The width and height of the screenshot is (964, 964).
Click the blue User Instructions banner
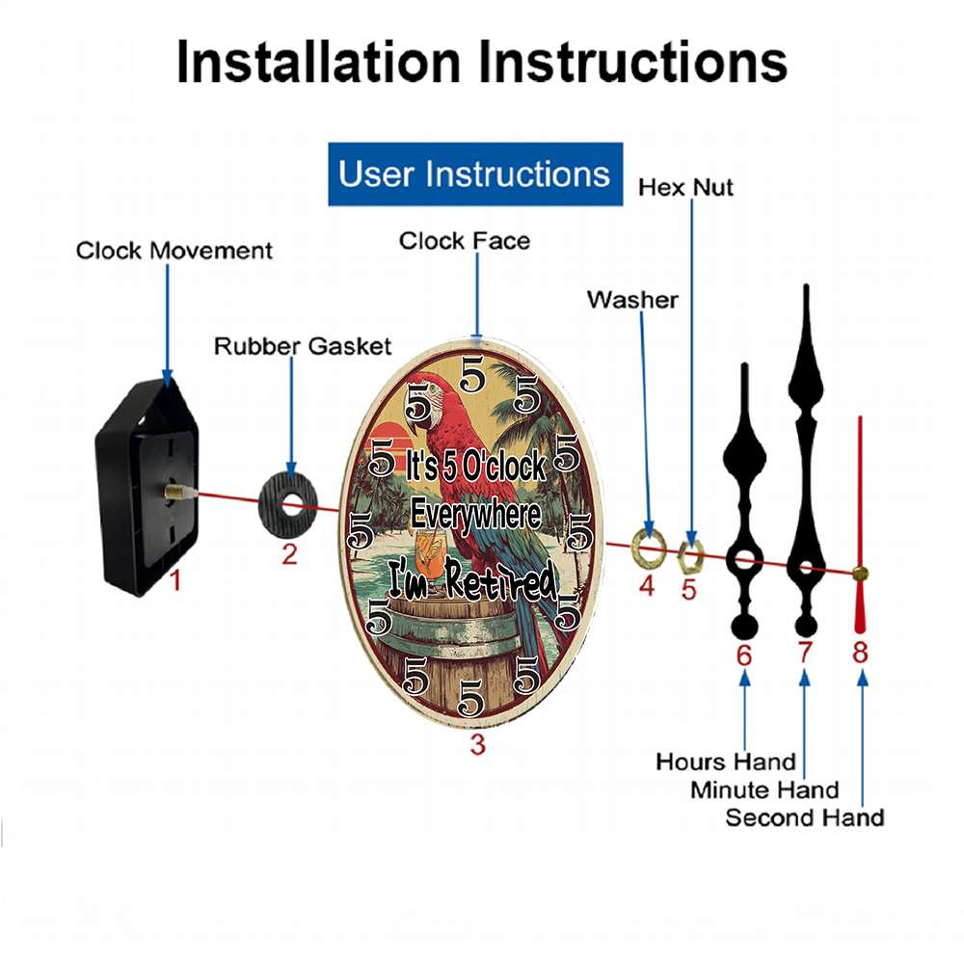point(475,174)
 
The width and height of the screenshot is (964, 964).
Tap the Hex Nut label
point(685,188)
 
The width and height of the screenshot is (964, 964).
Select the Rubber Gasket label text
point(303,346)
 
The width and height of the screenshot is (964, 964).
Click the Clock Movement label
point(174,251)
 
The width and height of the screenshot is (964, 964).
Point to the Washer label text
point(632,300)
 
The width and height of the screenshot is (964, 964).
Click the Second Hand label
point(805,817)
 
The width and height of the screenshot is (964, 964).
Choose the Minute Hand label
point(764,790)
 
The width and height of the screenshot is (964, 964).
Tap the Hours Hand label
point(726,762)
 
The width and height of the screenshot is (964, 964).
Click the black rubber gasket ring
point(287,505)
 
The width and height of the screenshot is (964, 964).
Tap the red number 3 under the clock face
point(478,745)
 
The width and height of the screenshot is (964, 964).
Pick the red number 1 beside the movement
point(175,580)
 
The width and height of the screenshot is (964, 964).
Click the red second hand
point(860,524)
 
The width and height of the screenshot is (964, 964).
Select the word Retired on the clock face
point(501,578)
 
